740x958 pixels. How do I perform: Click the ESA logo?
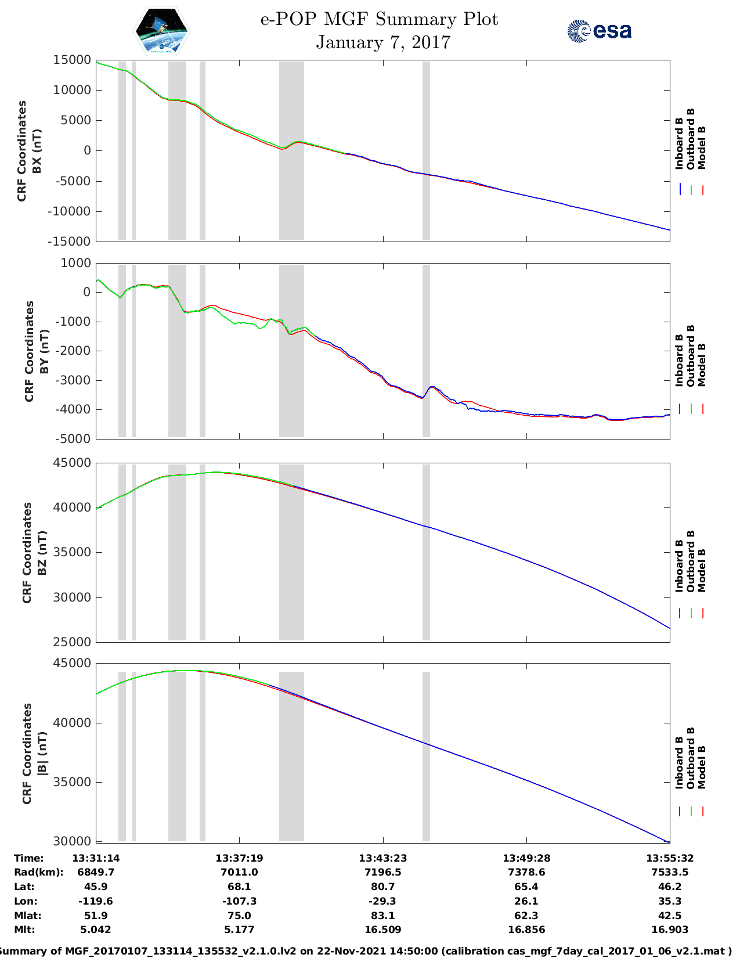coord(599,31)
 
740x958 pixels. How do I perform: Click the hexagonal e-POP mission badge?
coord(162,31)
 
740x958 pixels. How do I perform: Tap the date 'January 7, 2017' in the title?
coord(383,42)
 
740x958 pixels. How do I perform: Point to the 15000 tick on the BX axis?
coord(72,60)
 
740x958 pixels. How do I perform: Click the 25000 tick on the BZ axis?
coord(72,642)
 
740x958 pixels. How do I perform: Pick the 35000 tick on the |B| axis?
coord(72,782)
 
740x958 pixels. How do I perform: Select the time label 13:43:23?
coord(382,858)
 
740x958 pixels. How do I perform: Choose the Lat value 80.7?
coord(382,887)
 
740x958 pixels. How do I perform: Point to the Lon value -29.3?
coord(382,901)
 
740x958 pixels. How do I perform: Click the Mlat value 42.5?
coord(670,916)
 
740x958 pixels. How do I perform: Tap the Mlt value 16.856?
coord(526,930)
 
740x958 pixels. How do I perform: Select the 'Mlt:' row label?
coord(24,930)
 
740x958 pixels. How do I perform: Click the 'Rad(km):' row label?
coord(38,872)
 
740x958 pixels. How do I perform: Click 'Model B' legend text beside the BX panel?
coord(702,147)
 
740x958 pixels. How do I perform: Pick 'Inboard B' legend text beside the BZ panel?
coord(679,566)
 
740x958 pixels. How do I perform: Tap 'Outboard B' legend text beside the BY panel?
coord(691,355)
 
